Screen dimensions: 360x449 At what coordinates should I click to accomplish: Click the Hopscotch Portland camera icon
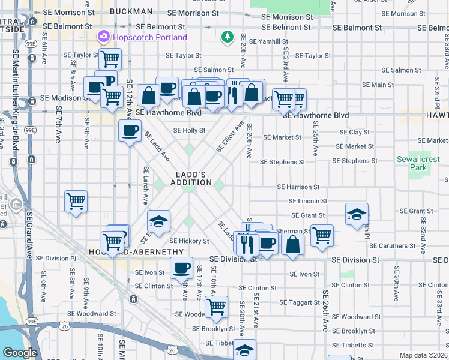[103, 37]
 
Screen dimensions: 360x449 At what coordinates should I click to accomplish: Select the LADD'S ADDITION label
[191, 178]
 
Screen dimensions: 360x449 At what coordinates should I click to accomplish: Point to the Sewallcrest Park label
[412, 163]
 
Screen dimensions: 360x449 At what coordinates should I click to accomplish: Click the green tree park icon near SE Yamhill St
[228, 38]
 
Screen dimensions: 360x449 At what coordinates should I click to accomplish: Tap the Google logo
[20, 353]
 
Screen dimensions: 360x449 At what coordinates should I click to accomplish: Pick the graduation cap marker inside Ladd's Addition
[158, 221]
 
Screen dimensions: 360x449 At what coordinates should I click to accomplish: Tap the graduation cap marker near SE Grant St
[357, 214]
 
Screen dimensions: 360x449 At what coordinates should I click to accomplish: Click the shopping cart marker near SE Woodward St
[216, 307]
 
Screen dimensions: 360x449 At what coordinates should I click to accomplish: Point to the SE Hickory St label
[189, 241]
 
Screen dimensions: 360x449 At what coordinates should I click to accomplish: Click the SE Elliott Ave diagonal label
[231, 137]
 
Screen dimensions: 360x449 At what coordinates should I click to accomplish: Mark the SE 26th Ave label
[325, 311]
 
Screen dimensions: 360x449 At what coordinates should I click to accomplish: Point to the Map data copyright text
[424, 355]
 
